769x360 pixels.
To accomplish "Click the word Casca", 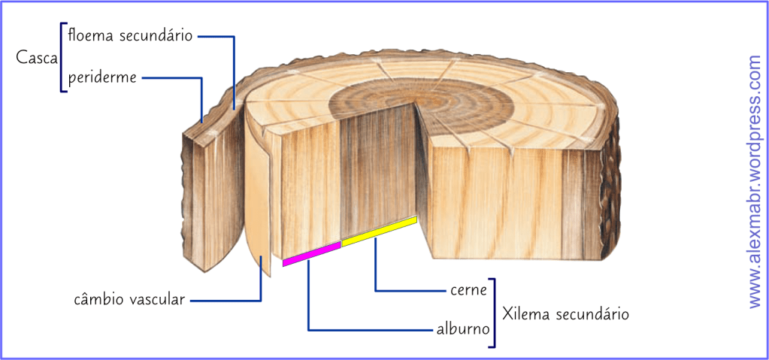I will (37, 57).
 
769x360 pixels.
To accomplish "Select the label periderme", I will (101, 77).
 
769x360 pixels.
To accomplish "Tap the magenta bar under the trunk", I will (311, 253).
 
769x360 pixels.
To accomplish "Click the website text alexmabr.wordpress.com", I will (755, 180).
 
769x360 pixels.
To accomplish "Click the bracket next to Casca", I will (62, 57).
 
